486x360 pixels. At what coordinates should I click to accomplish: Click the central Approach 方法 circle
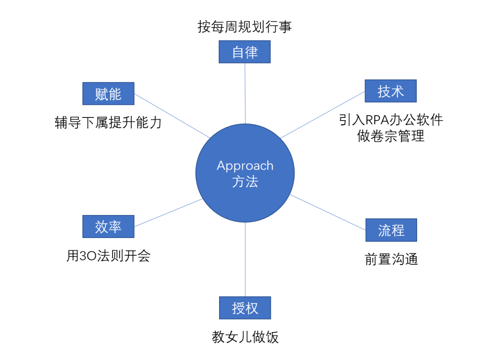245,173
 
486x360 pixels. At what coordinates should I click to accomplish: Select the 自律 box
244,52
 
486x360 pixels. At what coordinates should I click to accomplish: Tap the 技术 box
391,91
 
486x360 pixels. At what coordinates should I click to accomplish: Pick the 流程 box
391,230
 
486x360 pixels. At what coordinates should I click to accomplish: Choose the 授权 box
245,308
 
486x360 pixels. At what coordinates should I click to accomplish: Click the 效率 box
108,226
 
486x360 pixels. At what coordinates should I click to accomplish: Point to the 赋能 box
108,94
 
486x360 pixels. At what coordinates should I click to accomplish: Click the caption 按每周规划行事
244,27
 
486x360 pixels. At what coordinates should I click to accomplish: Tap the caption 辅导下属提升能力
108,122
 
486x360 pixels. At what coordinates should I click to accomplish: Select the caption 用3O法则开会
108,256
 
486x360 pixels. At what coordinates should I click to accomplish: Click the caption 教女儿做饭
245,337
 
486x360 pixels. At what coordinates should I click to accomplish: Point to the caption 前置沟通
391,259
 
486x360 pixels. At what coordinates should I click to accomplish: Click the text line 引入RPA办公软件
391,120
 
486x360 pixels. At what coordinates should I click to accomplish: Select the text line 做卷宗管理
391,136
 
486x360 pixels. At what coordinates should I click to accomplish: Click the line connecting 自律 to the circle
245,93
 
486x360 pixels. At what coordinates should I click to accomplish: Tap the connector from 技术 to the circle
323,115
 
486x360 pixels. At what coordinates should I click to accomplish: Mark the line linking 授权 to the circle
245,259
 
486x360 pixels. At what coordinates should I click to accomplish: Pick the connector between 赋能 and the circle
172,116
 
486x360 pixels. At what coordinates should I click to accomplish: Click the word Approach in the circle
245,166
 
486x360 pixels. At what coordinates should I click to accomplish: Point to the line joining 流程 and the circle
328,212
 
